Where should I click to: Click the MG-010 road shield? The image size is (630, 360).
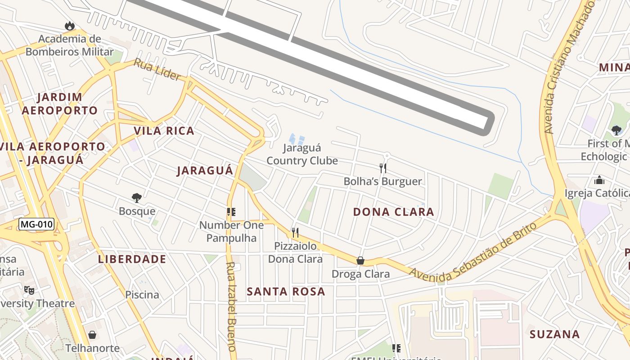[36, 224]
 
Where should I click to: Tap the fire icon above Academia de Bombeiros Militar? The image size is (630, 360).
[69, 26]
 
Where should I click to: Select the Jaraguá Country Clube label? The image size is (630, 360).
[302, 154]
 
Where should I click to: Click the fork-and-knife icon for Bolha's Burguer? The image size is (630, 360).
[383, 168]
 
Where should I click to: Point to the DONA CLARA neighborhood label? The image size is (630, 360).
[393, 212]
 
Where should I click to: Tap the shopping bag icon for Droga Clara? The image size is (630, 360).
[360, 261]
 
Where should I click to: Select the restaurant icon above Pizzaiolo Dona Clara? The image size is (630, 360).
[295, 233]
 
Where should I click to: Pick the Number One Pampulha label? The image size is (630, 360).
[231, 231]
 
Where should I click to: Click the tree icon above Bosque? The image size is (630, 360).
[137, 198]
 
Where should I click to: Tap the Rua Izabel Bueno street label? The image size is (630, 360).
[231, 306]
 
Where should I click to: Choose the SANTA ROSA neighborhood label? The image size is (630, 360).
[286, 292]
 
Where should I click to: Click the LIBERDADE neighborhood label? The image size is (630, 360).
[132, 259]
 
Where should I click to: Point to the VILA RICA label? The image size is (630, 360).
[164, 131]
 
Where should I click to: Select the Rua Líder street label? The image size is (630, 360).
[157, 69]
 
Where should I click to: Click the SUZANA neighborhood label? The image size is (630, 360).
[554, 334]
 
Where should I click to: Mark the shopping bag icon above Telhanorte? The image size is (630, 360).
[92, 335]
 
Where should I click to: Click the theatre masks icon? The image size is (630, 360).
[29, 290]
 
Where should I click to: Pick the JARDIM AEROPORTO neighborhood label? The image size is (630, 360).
[60, 104]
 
